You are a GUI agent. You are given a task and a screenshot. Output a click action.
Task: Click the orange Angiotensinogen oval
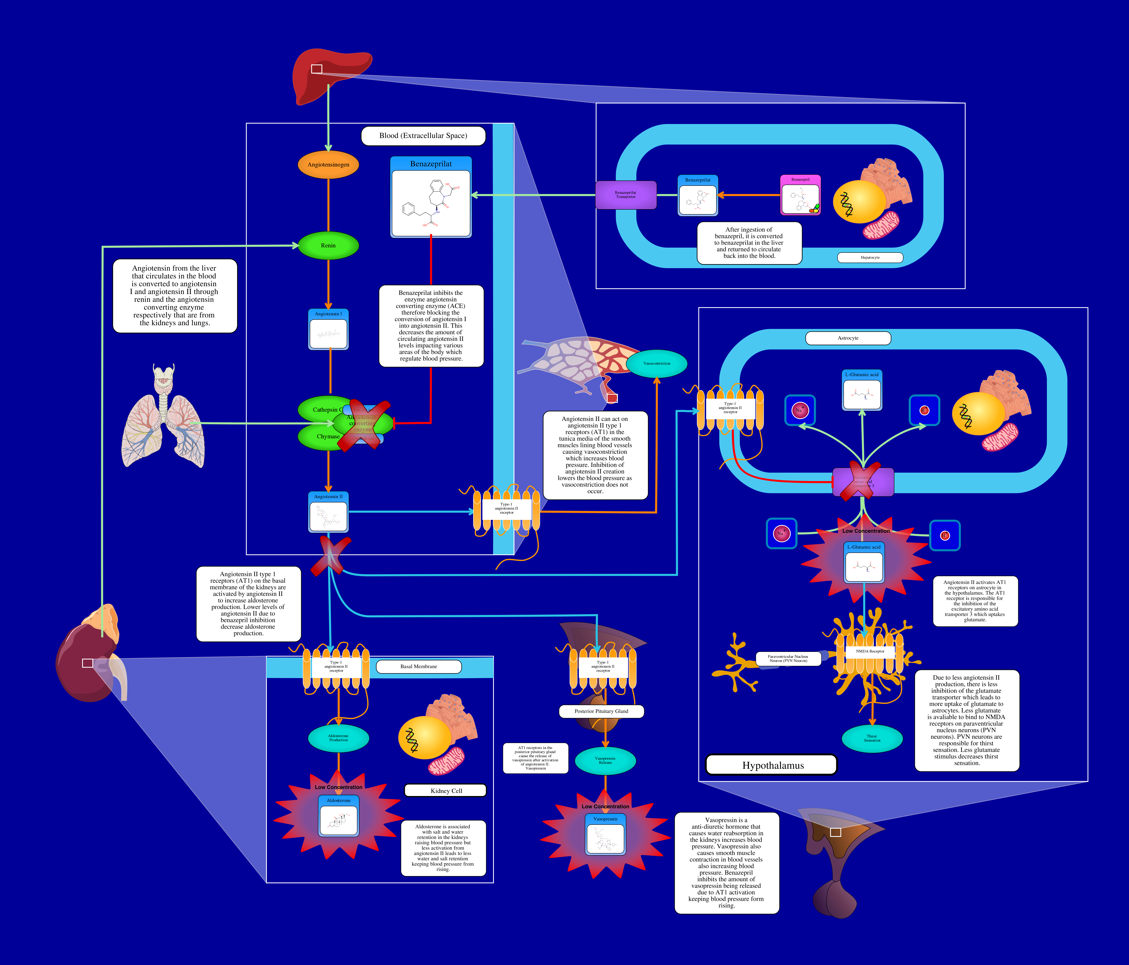pyautogui.click(x=328, y=164)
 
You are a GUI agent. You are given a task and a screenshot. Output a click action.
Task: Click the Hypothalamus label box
pyautogui.click(x=771, y=765)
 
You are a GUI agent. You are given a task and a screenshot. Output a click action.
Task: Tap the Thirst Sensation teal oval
pyautogui.click(x=872, y=738)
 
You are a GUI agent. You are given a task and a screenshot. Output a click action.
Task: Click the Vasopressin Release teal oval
pyautogui.click(x=605, y=760)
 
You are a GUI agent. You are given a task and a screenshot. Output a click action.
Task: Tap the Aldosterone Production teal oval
pyautogui.click(x=338, y=738)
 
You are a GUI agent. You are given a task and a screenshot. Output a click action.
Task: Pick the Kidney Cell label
pyautogui.click(x=446, y=791)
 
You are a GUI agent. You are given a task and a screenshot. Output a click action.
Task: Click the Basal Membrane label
pyautogui.click(x=419, y=666)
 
